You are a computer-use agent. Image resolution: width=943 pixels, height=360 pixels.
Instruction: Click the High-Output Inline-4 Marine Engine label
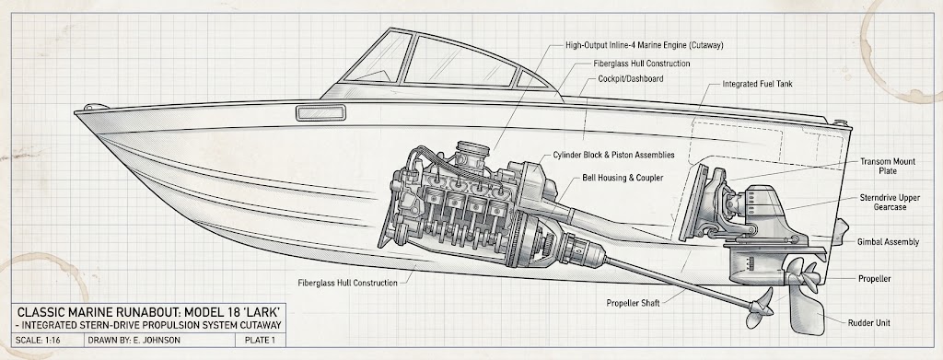tap(644, 45)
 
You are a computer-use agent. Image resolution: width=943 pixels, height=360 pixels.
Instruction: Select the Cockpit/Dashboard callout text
tap(632, 78)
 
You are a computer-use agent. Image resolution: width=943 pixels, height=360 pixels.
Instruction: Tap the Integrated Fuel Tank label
tap(757, 84)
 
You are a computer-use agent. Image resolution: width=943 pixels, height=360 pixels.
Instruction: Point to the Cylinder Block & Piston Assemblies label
tap(613, 155)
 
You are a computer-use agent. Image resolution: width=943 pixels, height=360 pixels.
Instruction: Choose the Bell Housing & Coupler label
tap(623, 178)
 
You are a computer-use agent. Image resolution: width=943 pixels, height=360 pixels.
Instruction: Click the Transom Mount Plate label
tap(888, 167)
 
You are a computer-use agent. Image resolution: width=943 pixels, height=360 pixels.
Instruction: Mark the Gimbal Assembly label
tap(888, 242)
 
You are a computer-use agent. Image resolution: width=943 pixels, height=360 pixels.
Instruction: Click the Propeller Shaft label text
tap(634, 303)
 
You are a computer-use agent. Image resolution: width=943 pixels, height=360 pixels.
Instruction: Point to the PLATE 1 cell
tap(259, 341)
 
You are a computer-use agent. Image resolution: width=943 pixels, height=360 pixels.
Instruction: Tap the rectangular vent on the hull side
tap(320, 113)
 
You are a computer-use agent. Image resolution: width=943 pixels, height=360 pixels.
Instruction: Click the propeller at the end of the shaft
tap(760, 308)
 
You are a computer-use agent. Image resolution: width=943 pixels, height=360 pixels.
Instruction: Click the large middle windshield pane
tap(460, 62)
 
